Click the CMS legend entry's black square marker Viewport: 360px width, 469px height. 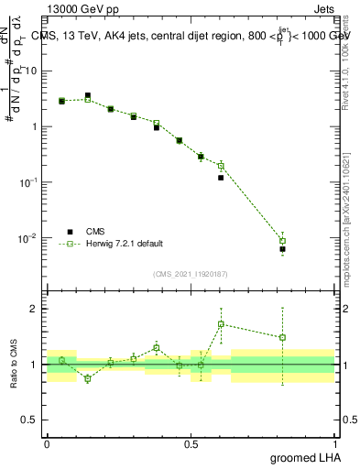tap(67, 232)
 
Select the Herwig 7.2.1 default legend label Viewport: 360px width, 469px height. tap(125, 244)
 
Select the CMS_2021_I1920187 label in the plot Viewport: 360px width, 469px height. tap(189, 273)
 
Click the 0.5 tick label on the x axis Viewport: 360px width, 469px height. tap(191, 442)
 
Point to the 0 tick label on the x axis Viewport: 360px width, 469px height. tap(47, 442)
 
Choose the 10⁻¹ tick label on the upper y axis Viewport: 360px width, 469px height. tap(28, 182)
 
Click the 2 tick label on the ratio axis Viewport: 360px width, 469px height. tap(34, 309)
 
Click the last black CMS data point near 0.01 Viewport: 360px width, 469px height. tap(283, 249)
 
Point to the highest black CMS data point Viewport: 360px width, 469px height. tap(88, 95)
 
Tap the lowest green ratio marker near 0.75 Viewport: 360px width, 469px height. tap(88, 378)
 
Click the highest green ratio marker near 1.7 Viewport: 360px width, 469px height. tap(221, 324)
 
